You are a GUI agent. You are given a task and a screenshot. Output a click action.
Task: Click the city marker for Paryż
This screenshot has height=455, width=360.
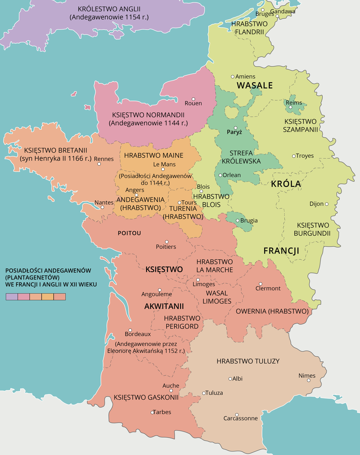point(235,128)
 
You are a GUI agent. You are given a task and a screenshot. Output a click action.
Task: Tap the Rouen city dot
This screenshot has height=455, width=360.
point(193,99)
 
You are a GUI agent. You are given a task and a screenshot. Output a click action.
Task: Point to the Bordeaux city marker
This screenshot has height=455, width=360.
point(130,330)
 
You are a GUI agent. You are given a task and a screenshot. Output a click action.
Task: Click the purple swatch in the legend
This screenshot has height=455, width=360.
point(12,297)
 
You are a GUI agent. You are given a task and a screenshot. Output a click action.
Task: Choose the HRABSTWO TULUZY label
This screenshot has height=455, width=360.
point(248,361)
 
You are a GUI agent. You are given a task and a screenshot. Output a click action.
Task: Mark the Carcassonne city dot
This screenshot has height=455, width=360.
point(237,415)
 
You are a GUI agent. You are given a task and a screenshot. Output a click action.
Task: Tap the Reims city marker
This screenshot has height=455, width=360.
point(290,107)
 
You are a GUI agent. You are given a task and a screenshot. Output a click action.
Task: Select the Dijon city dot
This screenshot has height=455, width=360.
point(326,204)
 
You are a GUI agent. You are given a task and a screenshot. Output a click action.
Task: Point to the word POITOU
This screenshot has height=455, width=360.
point(129,233)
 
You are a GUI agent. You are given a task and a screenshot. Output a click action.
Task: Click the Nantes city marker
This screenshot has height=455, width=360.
point(102,207)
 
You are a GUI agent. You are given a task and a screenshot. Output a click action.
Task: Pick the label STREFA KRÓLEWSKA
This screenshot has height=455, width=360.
point(241,157)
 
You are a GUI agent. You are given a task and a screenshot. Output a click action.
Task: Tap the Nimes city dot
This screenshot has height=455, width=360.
point(309,380)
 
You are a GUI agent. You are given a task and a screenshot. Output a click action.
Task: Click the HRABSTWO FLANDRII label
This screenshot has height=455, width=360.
point(249,28)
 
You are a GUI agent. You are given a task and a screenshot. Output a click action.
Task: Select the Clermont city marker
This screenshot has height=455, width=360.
point(261,284)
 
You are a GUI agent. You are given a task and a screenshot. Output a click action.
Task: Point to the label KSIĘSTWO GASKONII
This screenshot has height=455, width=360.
point(146,397)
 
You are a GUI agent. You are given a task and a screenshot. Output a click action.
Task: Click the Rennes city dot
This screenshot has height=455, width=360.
point(99,164)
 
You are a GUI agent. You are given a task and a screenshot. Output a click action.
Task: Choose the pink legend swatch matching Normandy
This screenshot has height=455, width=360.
point(24,297)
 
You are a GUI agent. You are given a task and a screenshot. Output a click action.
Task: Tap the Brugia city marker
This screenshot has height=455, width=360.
point(238,220)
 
